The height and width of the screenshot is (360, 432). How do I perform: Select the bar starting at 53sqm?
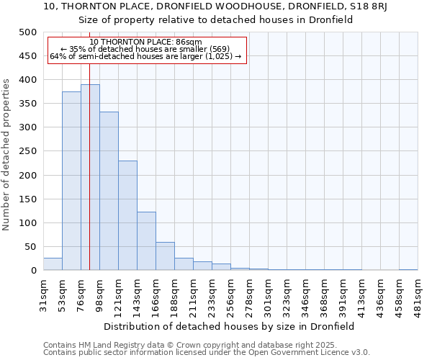pos(71,181)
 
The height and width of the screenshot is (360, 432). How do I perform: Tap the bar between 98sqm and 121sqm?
pos(109,191)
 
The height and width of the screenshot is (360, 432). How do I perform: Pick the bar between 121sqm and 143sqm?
pos(127,215)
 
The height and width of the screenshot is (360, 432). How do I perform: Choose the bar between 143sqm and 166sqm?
pos(146,241)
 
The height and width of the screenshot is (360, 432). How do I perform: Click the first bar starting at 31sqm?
pos(53,264)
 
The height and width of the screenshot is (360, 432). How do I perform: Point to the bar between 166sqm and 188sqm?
pos(165,256)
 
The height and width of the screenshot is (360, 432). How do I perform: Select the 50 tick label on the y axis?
pos(30,247)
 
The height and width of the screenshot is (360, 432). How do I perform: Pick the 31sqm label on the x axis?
pos(43,291)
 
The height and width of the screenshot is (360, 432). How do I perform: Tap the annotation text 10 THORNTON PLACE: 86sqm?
pos(146,42)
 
